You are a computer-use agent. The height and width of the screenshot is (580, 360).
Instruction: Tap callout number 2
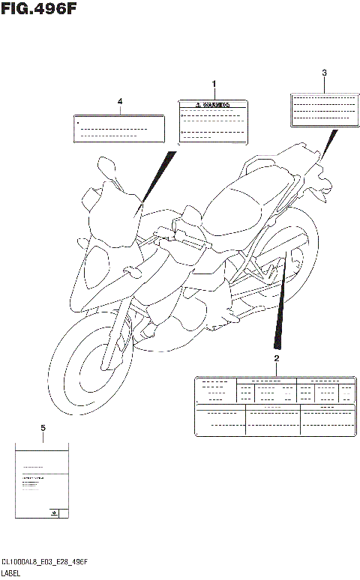pos(276,359)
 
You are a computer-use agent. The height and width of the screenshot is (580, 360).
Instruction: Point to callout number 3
pos(324,73)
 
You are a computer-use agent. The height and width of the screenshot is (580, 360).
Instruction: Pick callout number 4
pos(119,100)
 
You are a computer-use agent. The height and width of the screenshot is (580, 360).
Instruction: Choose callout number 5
pos(43,427)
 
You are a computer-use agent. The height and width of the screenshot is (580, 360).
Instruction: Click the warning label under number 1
pos(212,121)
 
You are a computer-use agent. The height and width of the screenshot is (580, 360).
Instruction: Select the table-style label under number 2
pos(274,405)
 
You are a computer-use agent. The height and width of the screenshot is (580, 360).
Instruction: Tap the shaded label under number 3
pos(323,109)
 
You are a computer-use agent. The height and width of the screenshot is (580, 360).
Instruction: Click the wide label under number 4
pos(119,128)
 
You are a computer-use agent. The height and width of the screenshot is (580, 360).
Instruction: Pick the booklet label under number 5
pos(43,480)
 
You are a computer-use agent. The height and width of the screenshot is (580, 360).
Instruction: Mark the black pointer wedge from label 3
pos(328,144)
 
